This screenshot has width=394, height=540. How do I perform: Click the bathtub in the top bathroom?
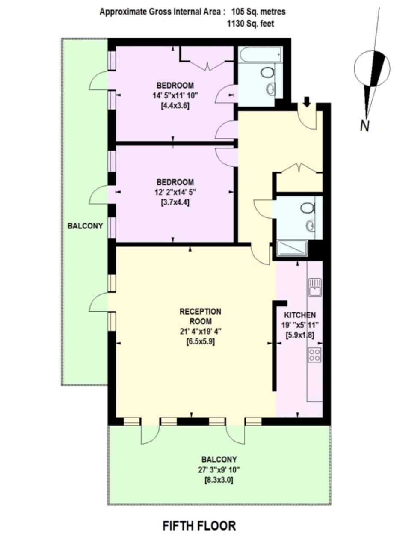tap(260, 55)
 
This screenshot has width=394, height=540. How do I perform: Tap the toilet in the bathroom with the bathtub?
tap(268, 72)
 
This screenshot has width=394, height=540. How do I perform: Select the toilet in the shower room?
tap(308, 208)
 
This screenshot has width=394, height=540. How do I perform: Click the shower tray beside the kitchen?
tap(292, 248)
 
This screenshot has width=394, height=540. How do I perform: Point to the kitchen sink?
tap(315, 287)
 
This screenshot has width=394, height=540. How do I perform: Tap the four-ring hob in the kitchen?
tap(315, 355)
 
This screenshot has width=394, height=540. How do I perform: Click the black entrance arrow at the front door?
tap(307, 101)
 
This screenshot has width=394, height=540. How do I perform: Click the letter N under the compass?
tap(365, 126)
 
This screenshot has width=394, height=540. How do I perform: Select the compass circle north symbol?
tap(372, 68)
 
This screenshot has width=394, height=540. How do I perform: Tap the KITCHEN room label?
tap(300, 315)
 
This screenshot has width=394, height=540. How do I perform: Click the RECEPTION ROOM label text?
tap(200, 316)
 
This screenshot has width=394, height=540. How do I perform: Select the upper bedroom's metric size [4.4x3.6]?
tap(175, 106)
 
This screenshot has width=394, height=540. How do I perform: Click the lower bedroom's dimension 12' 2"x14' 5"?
tap(175, 192)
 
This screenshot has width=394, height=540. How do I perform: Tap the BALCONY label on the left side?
tap(85, 226)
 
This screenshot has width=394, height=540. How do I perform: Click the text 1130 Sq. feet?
tap(251, 24)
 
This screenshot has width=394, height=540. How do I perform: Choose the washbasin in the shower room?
tap(310, 225)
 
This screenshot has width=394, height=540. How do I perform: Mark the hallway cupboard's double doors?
tap(299, 168)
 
